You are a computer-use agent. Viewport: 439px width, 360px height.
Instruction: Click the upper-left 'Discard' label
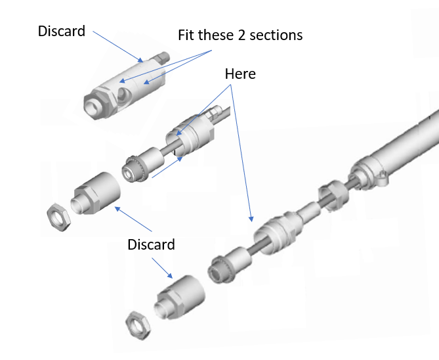[x=61, y=31]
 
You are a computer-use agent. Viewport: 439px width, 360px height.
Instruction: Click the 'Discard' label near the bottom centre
[x=151, y=244]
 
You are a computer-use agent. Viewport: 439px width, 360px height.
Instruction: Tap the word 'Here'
[x=240, y=74]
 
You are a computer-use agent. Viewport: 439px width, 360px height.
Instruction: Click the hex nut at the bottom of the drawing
[x=138, y=323]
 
